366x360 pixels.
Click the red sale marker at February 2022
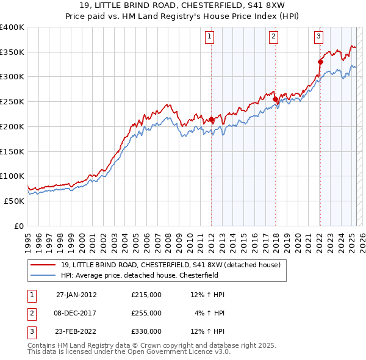click(x=320, y=61)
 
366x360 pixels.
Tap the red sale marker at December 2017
click(x=275, y=99)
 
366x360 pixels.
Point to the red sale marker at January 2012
click(x=211, y=119)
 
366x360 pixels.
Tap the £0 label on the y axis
click(x=18, y=226)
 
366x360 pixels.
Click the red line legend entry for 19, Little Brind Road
click(x=170, y=265)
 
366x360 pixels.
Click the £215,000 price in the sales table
click(x=146, y=295)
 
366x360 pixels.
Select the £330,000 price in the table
click(x=146, y=331)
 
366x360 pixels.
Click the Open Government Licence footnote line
click(x=129, y=353)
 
